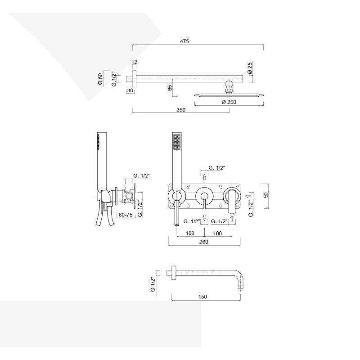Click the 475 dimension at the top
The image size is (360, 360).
tap(184, 41)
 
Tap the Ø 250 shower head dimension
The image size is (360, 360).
tap(229, 102)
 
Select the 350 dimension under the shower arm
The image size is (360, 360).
tap(181, 110)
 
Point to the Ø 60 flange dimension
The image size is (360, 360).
tap(100, 79)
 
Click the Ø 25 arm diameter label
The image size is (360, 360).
tap(250, 68)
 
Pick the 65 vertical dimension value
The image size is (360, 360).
tap(170, 88)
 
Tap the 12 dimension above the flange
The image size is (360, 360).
tap(135, 62)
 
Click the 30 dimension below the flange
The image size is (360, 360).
tap(130, 90)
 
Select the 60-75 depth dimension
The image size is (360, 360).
tap(126, 215)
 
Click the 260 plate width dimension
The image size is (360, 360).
tap(204, 242)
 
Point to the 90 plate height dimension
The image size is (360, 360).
tap(266, 195)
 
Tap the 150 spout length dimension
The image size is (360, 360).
tap(202, 297)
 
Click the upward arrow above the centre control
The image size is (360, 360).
tap(204, 177)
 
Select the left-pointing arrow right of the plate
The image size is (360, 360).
tap(248, 196)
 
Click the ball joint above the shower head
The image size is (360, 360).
tap(229, 87)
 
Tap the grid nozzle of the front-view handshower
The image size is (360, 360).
tap(177, 142)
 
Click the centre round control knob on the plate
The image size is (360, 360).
tap(204, 196)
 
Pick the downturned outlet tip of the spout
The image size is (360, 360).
tap(240, 287)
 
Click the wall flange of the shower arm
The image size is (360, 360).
tap(134, 79)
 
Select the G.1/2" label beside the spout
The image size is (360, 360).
tap(153, 284)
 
